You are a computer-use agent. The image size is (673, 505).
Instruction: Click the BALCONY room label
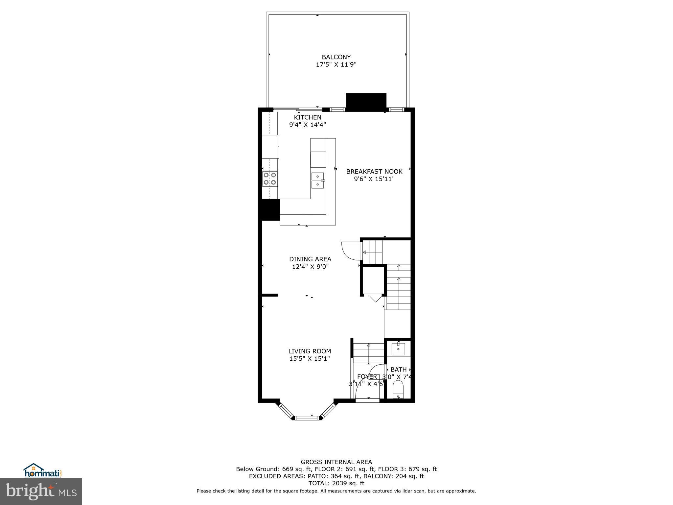pyautogui.click(x=336, y=57)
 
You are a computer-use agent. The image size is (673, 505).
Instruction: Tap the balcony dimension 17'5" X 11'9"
pyautogui.click(x=336, y=64)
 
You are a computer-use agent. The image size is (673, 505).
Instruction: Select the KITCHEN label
pyautogui.click(x=308, y=117)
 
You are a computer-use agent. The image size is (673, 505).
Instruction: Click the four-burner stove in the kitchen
pyautogui.click(x=269, y=179)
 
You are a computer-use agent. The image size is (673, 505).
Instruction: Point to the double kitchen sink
pyautogui.click(x=317, y=180)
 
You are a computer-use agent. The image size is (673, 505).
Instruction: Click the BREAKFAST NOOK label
pyautogui.click(x=374, y=171)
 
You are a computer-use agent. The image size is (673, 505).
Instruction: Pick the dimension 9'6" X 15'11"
pyautogui.click(x=374, y=179)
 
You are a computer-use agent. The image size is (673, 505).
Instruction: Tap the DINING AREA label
pyautogui.click(x=310, y=259)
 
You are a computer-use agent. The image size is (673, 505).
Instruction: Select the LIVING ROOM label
pyautogui.click(x=310, y=351)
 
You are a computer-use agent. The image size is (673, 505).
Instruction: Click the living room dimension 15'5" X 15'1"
pyautogui.click(x=310, y=359)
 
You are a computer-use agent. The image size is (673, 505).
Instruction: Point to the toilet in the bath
pyautogui.click(x=398, y=389)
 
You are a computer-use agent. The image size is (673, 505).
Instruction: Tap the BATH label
pyautogui.click(x=398, y=370)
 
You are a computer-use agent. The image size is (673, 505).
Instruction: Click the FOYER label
pyautogui.click(x=367, y=377)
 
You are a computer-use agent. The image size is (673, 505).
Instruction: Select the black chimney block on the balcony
pyautogui.click(x=366, y=102)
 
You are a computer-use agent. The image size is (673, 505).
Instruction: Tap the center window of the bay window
pyautogui.click(x=307, y=418)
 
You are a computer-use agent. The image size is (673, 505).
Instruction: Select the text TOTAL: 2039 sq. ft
pyautogui.click(x=336, y=483)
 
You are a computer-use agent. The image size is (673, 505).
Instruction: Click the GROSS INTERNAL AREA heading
pyautogui.click(x=336, y=462)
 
